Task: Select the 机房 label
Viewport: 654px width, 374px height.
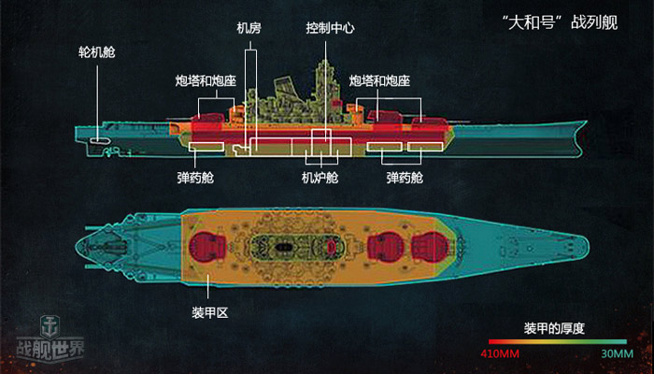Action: [x=249, y=29]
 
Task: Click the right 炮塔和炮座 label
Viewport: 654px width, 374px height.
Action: [x=380, y=81]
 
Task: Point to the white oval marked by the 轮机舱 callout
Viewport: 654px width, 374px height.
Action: [x=97, y=143]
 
